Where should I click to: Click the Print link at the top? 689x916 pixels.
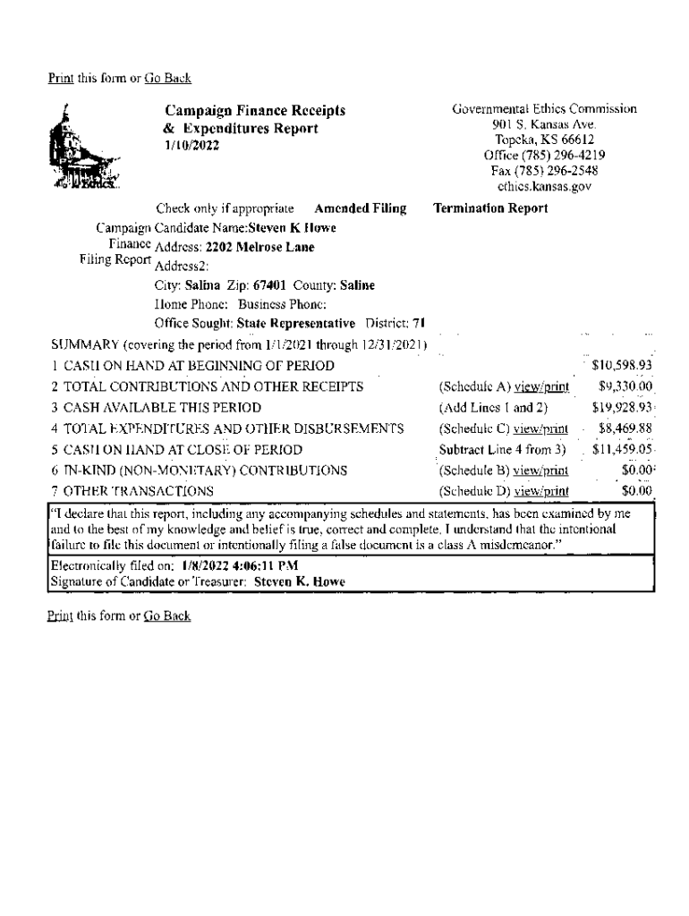point(60,79)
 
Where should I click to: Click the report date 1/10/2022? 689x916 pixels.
point(191,145)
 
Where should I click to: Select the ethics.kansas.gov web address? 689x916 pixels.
point(544,186)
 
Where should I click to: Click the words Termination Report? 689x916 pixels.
point(490,208)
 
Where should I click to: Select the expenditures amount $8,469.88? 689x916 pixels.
point(625,428)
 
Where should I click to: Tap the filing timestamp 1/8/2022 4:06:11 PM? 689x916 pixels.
point(239,566)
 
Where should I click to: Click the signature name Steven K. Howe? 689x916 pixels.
point(300,581)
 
